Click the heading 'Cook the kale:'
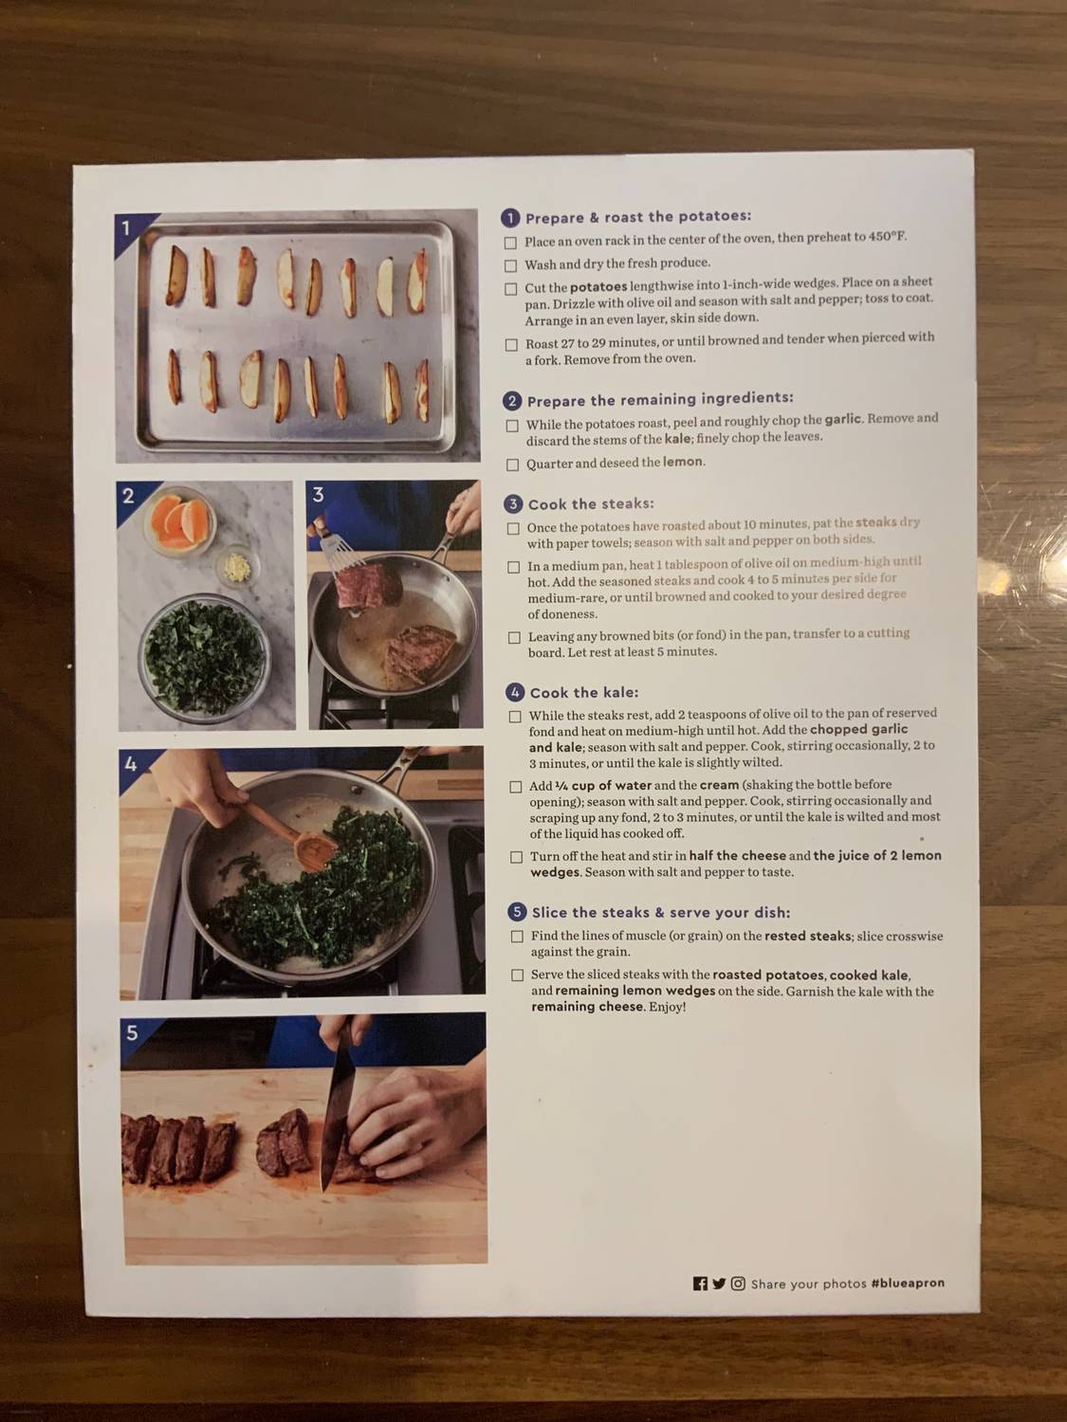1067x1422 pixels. pyautogui.click(x=583, y=693)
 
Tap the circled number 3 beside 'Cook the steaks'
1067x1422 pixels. pyautogui.click(x=513, y=504)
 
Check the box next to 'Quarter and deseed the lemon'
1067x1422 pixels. pyautogui.click(x=512, y=465)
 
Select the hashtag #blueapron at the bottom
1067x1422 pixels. pyautogui.click(x=908, y=1283)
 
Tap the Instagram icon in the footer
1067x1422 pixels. pyautogui.click(x=738, y=1284)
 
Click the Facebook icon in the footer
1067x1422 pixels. pyautogui.click(x=700, y=1284)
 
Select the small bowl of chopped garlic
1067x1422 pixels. pyautogui.click(x=231, y=567)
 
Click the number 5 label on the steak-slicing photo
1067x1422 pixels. pyautogui.click(x=132, y=1032)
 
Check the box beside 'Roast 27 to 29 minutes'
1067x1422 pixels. pyautogui.click(x=511, y=345)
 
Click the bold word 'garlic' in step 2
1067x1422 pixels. pyautogui.click(x=842, y=419)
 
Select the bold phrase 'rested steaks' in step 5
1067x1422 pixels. pyautogui.click(x=807, y=936)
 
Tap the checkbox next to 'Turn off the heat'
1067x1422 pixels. pyautogui.click(x=516, y=857)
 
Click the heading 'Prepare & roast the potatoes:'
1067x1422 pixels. pyautogui.click(x=637, y=217)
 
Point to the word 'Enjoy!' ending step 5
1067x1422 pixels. pyautogui.click(x=667, y=1007)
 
